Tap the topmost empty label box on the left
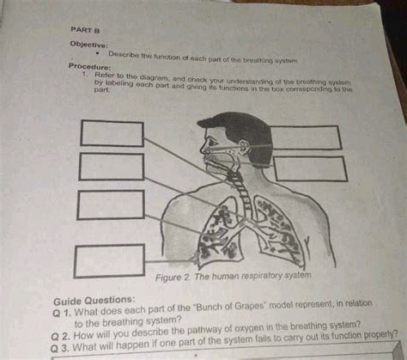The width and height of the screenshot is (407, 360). (x=112, y=134)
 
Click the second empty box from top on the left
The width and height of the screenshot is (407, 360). (x=112, y=167)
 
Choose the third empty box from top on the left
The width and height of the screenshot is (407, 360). (x=110, y=204)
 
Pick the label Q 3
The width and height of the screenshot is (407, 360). (x=62, y=349)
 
